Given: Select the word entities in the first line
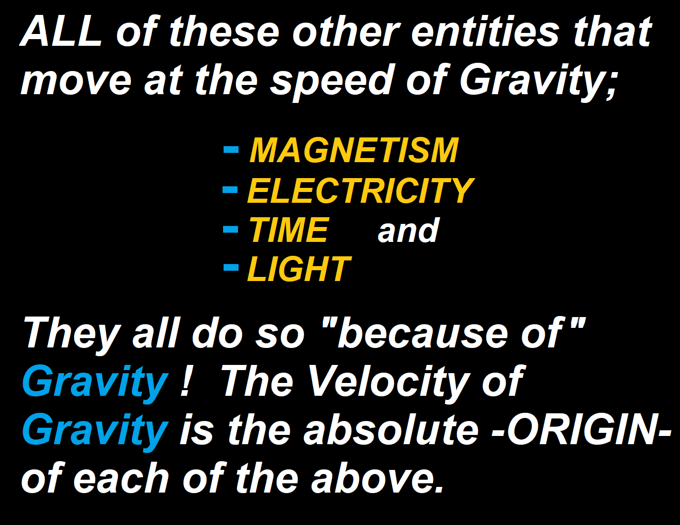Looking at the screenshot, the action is [484, 31].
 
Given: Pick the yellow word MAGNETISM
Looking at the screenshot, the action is [353, 150].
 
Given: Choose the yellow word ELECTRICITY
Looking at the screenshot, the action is [361, 190].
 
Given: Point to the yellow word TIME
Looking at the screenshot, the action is [288, 230].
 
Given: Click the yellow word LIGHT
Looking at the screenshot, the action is [299, 269].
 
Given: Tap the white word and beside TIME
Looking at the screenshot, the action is [408, 230].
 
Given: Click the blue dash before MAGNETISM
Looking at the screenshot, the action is [231, 149].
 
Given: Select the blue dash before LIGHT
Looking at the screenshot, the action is [231, 267].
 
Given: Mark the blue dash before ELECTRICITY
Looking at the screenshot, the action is [230, 189].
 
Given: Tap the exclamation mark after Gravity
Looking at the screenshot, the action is [185, 381].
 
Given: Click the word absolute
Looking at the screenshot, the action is [391, 429].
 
